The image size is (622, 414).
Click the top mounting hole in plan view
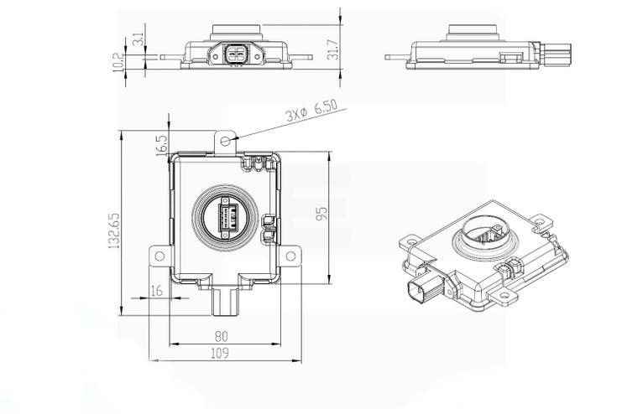[x=226, y=140]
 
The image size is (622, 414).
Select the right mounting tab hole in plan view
[x=290, y=256]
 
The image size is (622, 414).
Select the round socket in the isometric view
[x=487, y=232]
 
